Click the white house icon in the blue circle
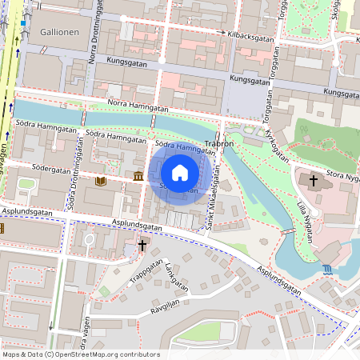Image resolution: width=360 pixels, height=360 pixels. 180,172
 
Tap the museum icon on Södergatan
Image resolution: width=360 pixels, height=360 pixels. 138,176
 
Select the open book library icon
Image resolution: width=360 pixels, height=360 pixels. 100,182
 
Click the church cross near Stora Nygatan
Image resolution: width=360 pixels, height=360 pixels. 314,182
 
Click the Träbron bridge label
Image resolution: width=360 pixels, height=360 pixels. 218,145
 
